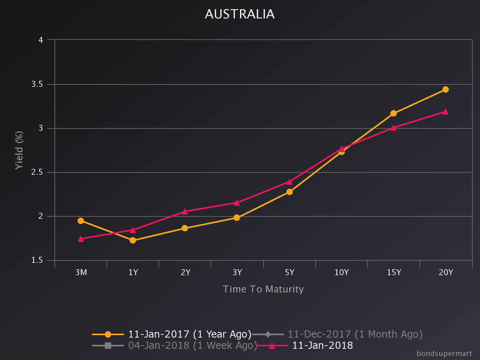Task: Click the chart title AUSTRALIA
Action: (x=240, y=14)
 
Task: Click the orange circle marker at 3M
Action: (x=81, y=221)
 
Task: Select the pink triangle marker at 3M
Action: (x=81, y=239)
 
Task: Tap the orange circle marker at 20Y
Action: (x=446, y=90)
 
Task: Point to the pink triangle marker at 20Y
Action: (x=446, y=112)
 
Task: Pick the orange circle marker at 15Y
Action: (x=394, y=113)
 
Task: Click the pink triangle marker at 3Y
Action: (x=237, y=203)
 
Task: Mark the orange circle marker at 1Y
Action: (x=133, y=240)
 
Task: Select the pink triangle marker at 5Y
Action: (x=290, y=182)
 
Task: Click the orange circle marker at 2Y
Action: (x=185, y=228)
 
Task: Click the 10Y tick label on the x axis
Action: (x=342, y=273)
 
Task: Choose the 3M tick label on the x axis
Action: (x=81, y=273)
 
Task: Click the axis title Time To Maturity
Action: (x=263, y=289)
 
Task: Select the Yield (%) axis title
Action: (x=19, y=150)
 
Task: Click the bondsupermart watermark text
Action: (x=444, y=354)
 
